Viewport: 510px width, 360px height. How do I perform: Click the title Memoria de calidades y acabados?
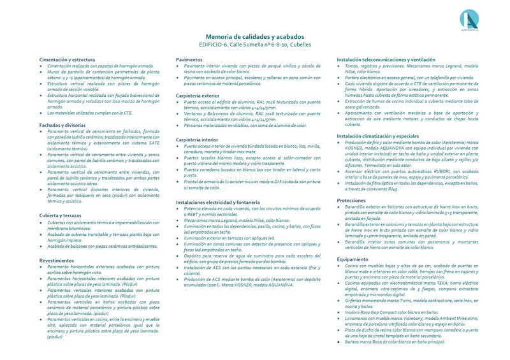pos(255,37)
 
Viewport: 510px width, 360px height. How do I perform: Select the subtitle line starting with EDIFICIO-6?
pos(255,45)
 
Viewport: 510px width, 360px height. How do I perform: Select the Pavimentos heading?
pos(190,59)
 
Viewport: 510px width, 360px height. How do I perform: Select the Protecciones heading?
pos(351,200)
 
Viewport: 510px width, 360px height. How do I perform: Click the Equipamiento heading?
pos(353,259)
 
